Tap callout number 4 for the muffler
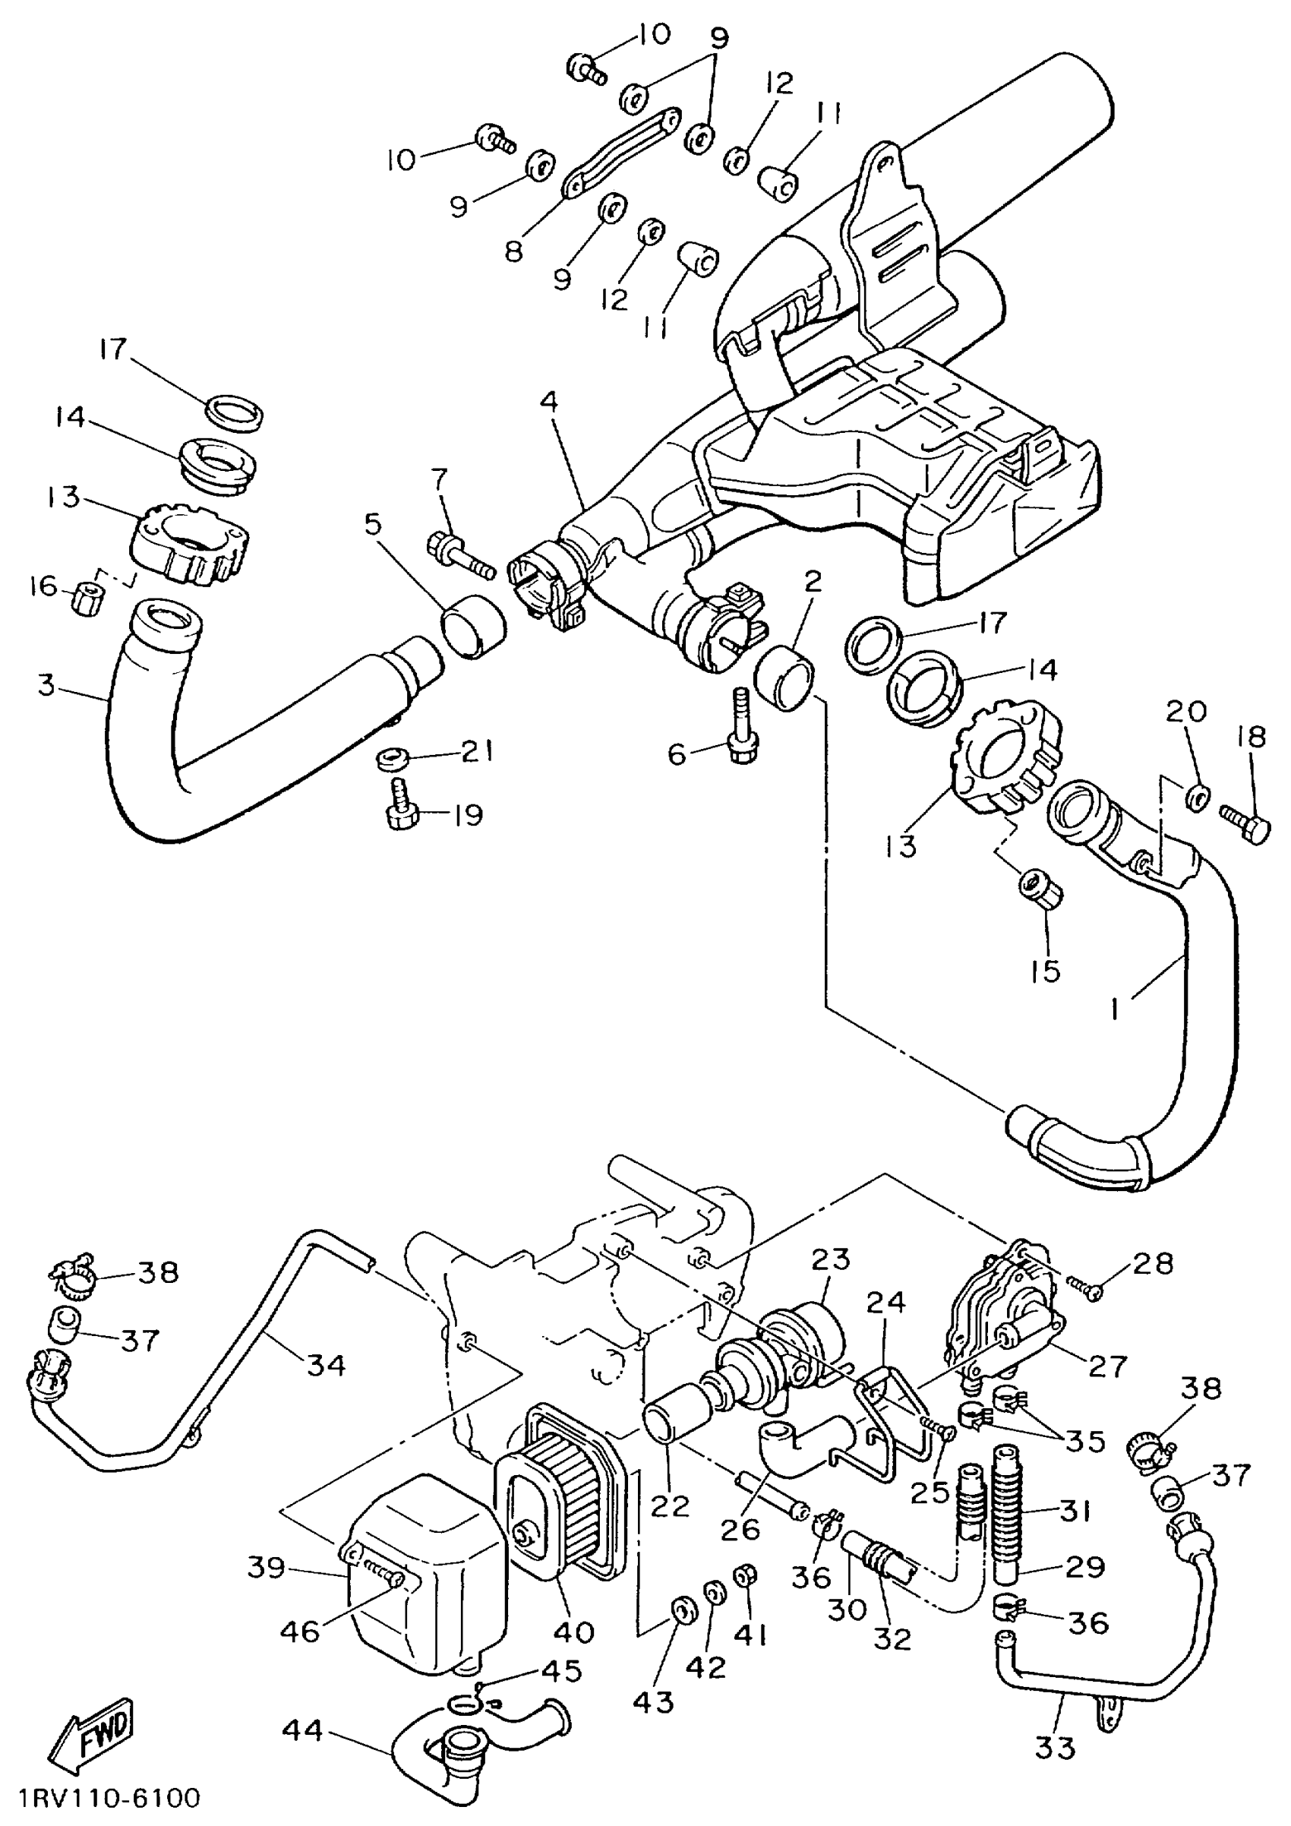tap(549, 403)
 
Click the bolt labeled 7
tap(459, 554)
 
